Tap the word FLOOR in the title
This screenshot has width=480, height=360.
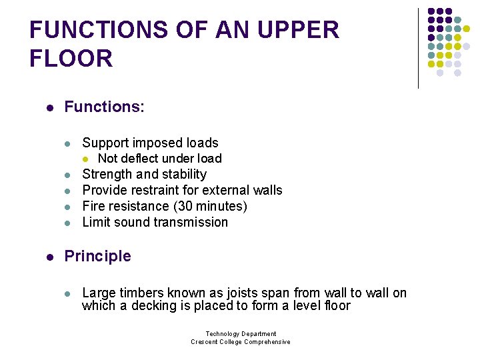click(x=71, y=59)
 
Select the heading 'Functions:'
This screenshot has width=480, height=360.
click(x=104, y=107)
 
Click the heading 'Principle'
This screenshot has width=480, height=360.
click(x=97, y=256)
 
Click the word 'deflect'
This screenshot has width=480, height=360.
click(x=144, y=159)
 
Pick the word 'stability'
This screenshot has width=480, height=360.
click(x=185, y=175)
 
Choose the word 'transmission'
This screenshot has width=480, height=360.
click(x=193, y=223)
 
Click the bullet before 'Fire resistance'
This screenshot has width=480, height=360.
click(x=67, y=207)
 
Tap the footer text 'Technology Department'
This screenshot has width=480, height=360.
click(x=241, y=334)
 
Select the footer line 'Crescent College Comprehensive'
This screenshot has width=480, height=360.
click(x=241, y=342)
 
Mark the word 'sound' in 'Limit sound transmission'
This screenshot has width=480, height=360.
click(x=132, y=223)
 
